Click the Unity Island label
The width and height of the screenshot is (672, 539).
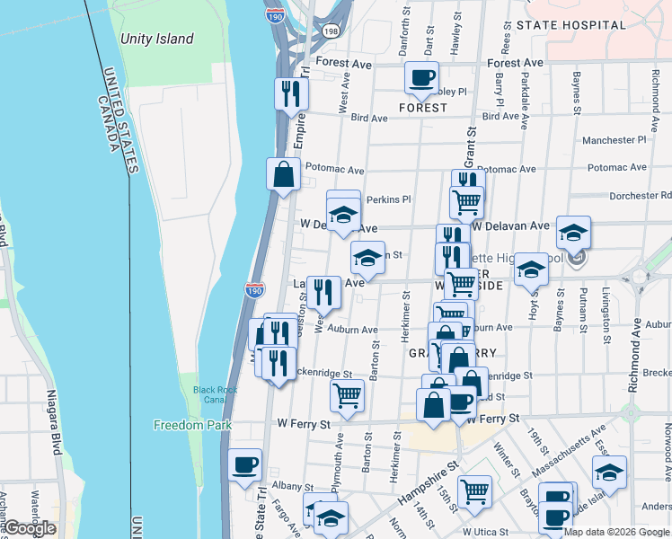point(156,39)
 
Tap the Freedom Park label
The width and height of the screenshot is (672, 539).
point(192,425)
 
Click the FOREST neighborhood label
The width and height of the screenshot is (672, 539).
point(423,108)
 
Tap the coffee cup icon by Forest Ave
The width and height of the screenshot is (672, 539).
point(421,78)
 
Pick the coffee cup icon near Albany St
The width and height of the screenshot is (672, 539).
point(245,464)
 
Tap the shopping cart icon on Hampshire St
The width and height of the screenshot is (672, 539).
point(473,490)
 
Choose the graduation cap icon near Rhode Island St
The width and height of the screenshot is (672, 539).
point(609,472)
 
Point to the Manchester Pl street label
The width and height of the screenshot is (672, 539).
point(614,140)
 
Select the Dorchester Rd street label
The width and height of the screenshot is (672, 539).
point(640,195)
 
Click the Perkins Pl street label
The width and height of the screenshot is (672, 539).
point(388,199)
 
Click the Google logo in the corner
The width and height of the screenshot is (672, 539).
point(30,528)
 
